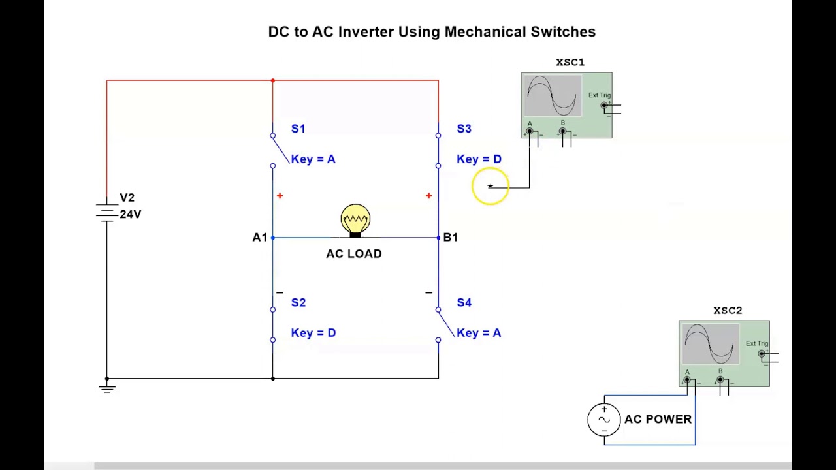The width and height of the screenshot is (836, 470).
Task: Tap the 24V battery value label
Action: [131, 214]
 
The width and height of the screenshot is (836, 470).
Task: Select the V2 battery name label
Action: [127, 198]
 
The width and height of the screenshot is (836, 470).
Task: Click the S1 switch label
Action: [298, 129]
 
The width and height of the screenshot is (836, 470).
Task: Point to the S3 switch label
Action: [464, 129]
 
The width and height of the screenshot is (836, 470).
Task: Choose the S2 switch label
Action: [298, 302]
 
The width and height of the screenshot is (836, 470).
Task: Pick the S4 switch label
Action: [464, 302]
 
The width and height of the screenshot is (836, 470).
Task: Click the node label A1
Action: [259, 237]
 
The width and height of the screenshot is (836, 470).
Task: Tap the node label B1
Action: [451, 237]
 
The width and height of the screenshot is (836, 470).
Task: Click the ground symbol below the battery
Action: [107, 388]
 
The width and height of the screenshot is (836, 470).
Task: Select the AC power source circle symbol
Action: [603, 420]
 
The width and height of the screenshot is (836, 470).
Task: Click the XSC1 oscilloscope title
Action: [570, 62]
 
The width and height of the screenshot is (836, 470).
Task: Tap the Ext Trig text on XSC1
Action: [599, 95]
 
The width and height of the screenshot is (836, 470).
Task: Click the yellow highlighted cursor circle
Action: [490, 187]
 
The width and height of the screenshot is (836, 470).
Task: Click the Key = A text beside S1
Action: [313, 159]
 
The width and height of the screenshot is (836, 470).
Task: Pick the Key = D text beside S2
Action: [313, 333]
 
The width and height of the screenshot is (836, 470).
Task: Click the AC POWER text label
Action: [658, 419]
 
